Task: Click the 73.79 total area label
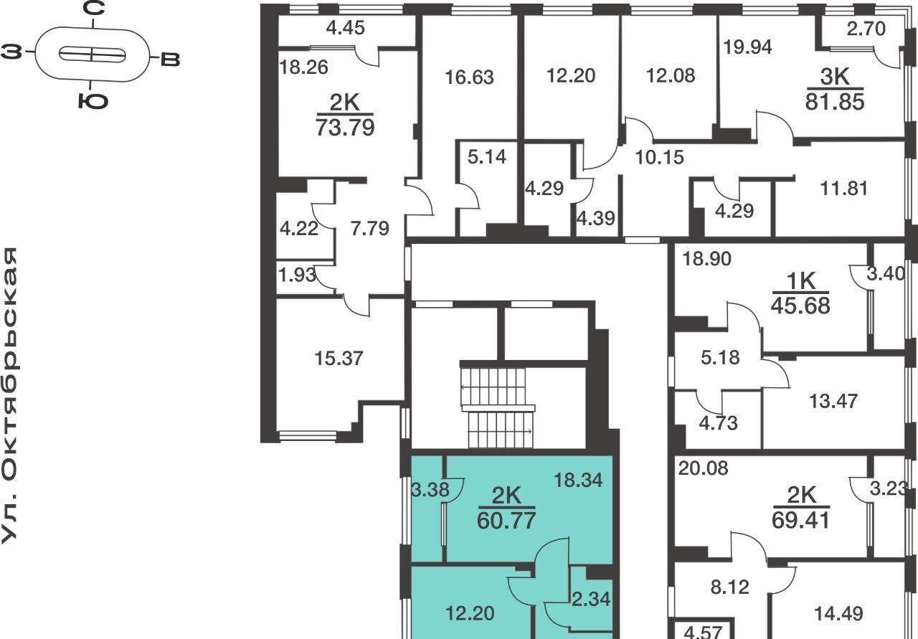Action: (345, 128)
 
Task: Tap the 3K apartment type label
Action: (835, 77)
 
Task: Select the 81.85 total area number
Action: (835, 102)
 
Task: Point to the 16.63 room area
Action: (469, 77)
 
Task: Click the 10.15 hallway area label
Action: (659, 157)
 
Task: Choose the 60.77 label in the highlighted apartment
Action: (506, 521)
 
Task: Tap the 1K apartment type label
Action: (801, 281)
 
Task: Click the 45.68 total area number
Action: (800, 306)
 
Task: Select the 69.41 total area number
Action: (801, 521)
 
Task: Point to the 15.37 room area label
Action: (339, 359)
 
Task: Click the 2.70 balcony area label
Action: (866, 29)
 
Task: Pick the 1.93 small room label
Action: (297, 275)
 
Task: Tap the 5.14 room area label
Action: (487, 157)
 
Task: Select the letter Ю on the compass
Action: (93, 101)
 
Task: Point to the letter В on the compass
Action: (170, 60)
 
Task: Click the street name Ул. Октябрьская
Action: (9, 396)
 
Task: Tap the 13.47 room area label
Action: (833, 402)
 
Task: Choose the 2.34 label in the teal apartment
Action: (591, 600)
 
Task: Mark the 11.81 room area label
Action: (844, 189)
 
